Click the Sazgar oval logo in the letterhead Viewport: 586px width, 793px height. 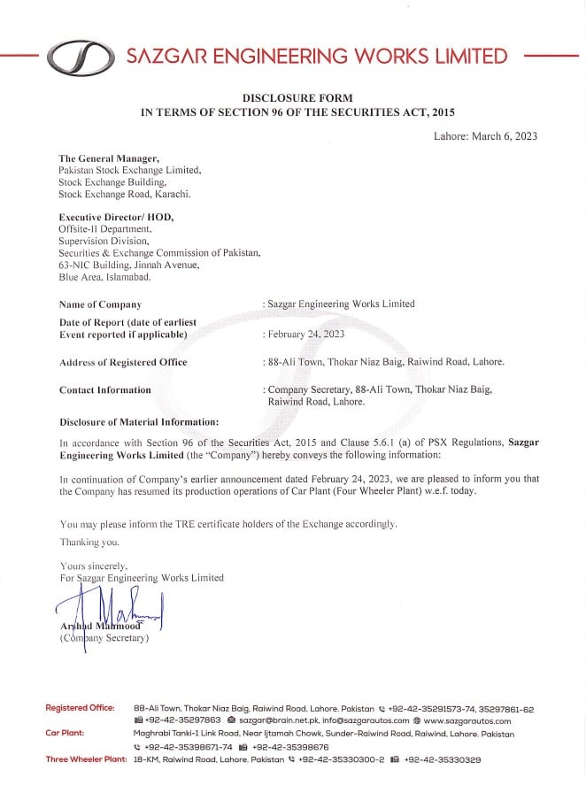pyautogui.click(x=81, y=58)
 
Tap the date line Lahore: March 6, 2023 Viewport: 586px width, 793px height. pyautogui.click(x=486, y=136)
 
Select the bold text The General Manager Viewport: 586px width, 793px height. pyautogui.click(x=109, y=158)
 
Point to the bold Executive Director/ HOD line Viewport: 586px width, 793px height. pyautogui.click(x=116, y=217)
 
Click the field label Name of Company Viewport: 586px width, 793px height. pyautogui.click(x=100, y=304)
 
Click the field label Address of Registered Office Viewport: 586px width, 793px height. pyautogui.click(x=123, y=362)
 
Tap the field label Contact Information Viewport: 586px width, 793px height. pyautogui.click(x=104, y=389)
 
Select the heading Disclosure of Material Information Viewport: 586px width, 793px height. pyautogui.click(x=139, y=421)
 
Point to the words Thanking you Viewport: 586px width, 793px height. pyautogui.click(x=89, y=542)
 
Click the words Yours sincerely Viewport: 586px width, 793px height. pyautogui.click(x=94, y=565)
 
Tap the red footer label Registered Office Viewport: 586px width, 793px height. pyautogui.click(x=80, y=708)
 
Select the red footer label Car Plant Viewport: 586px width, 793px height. pyautogui.click(x=65, y=734)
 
